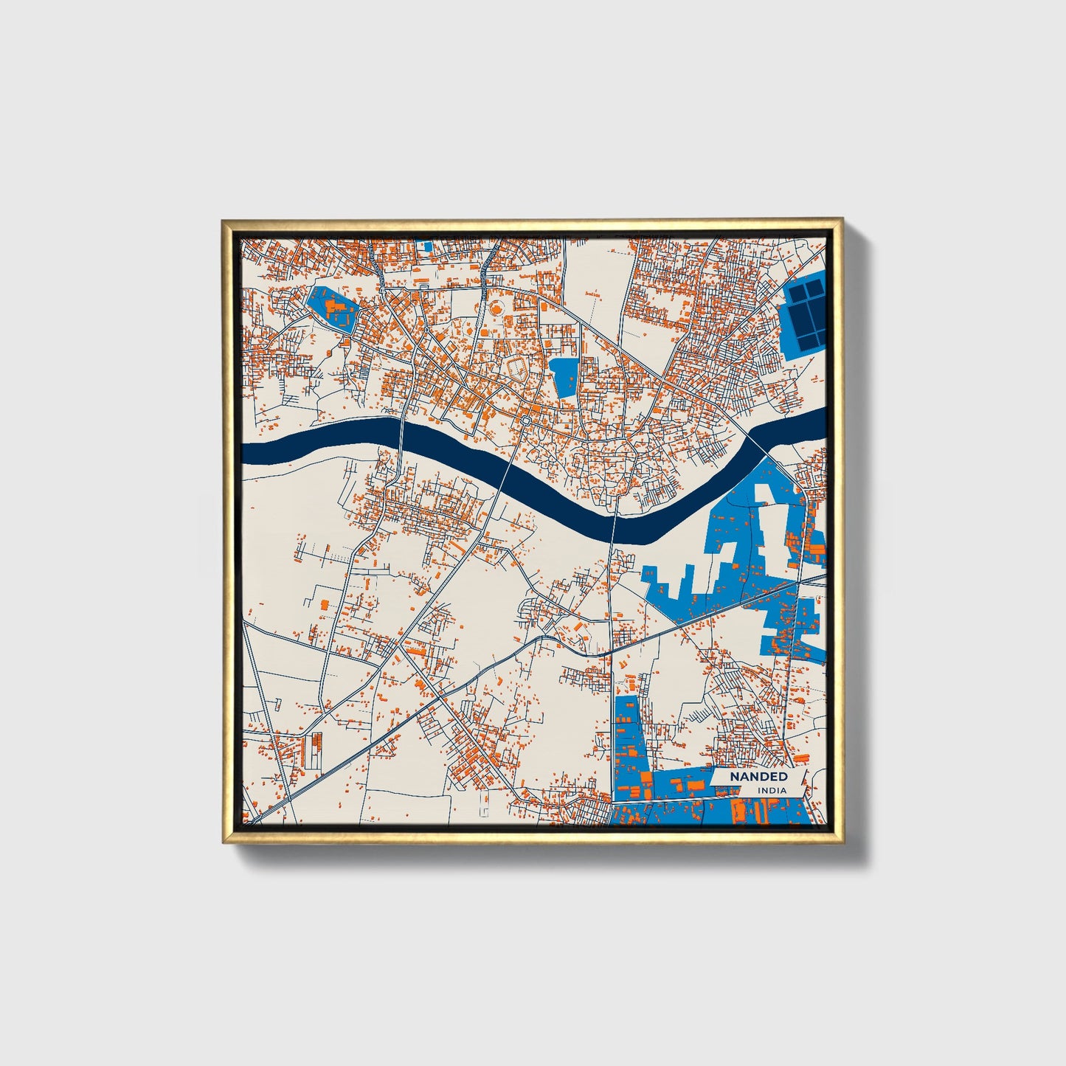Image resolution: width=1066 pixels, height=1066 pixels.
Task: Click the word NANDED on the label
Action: (758, 776)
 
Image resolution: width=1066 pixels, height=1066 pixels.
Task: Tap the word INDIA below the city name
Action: (772, 790)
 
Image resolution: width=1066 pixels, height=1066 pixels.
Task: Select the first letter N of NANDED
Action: (735, 776)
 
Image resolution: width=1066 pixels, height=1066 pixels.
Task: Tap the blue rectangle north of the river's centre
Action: (564, 377)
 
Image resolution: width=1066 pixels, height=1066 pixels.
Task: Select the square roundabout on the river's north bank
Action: (525, 420)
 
